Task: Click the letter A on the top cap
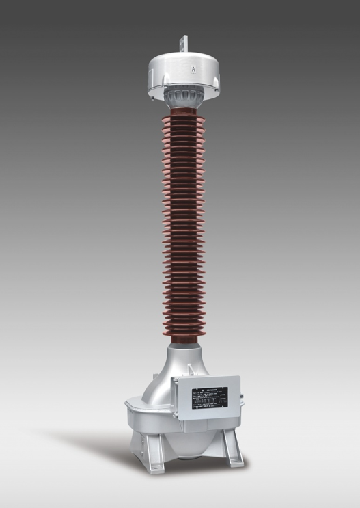[194, 69]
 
